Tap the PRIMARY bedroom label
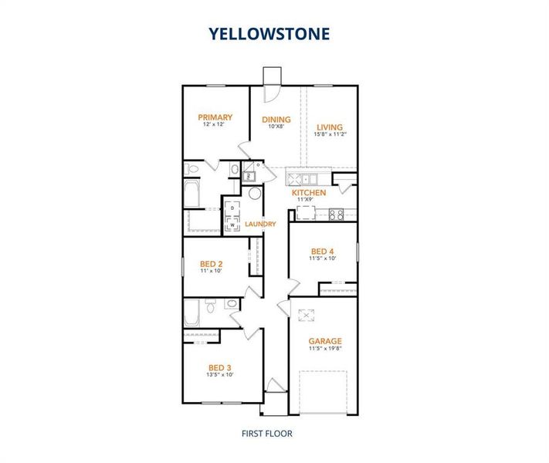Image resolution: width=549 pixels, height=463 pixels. click(x=214, y=117)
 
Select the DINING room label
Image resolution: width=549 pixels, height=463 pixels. click(x=276, y=120)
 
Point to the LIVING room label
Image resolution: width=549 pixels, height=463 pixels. click(x=330, y=127)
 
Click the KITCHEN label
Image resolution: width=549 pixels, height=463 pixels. click(x=308, y=193)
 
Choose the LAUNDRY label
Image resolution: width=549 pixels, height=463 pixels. click(x=260, y=225)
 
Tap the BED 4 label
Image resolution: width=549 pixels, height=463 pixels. click(x=323, y=252)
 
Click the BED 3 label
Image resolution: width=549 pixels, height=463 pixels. click(x=219, y=367)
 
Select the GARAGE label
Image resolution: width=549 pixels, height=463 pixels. click(x=324, y=341)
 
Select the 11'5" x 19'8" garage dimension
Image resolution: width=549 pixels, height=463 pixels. click(x=324, y=349)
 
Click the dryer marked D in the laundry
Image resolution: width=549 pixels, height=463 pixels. click(x=232, y=209)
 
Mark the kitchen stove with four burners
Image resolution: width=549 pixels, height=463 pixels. click(x=336, y=215)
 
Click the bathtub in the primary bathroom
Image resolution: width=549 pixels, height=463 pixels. click(x=193, y=194)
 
